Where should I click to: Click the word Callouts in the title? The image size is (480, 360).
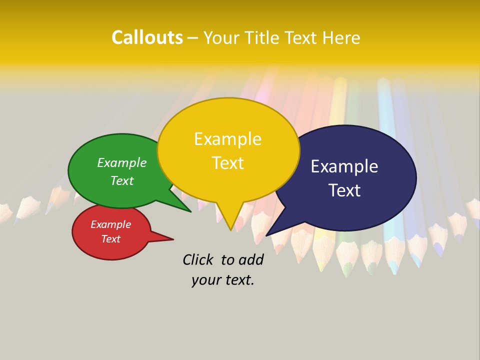coord(147,37)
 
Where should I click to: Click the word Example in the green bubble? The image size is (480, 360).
coord(121,162)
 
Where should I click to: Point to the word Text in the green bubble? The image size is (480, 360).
coord(121,180)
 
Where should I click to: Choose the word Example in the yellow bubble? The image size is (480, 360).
coord(227,138)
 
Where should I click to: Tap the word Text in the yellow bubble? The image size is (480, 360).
coord(227,163)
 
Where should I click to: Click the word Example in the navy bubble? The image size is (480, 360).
coord(344,166)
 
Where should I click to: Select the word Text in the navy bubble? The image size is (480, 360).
coord(344,190)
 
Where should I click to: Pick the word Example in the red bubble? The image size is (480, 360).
coord(110,224)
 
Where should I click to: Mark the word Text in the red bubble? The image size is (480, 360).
coord(110,239)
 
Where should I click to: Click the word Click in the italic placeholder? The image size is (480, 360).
coord(198,259)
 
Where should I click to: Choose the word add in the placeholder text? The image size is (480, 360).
coord(251,259)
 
